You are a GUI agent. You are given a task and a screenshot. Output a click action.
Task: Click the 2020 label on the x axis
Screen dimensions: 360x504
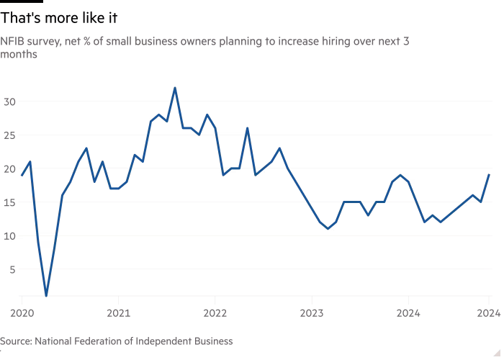tap(22, 313)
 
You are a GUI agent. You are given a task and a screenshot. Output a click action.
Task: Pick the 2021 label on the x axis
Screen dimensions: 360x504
tap(118, 313)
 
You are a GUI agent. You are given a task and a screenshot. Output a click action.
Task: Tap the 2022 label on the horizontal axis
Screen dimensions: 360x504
tap(215, 313)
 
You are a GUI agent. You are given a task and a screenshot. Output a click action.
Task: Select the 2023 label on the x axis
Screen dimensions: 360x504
tap(311, 313)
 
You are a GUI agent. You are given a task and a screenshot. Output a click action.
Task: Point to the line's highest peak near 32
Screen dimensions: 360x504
tap(174, 88)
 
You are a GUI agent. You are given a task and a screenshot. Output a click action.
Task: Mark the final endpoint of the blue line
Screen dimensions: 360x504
tap(489, 175)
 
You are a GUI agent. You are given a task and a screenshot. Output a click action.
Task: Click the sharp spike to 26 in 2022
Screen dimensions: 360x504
tap(247, 128)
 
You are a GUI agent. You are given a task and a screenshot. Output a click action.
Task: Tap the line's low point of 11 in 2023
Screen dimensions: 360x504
tap(328, 229)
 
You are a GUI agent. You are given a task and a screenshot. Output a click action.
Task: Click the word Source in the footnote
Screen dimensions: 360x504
tap(15, 340)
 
